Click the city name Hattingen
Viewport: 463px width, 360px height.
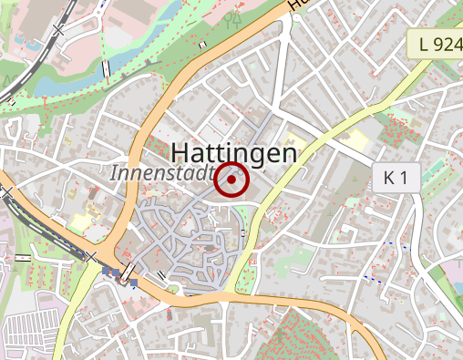tap(234, 152)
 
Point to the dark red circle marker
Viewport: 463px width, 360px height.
tap(231, 180)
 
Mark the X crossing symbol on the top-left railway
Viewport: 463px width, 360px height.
tap(57, 30)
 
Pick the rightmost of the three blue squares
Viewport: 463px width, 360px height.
tap(135, 282)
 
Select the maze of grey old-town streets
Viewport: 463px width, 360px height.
tap(191, 242)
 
